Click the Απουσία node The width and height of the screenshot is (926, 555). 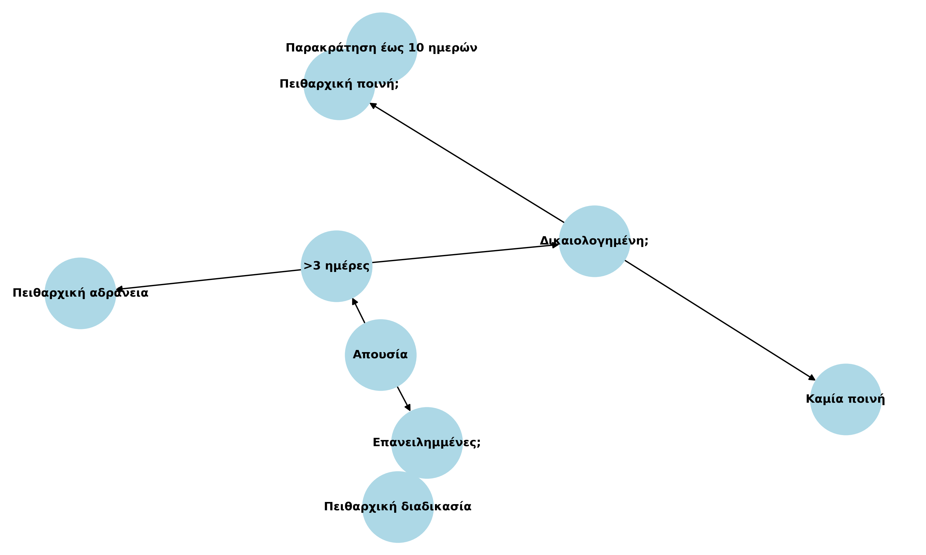coord(380,355)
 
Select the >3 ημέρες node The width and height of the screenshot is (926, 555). coord(336,266)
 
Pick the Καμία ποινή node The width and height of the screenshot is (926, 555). coord(845,399)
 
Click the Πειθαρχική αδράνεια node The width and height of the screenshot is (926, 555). coord(80,293)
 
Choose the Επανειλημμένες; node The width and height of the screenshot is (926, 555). coord(427,442)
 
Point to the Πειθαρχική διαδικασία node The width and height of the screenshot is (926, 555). coord(398,507)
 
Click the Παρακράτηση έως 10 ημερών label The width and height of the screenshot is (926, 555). coord(381,48)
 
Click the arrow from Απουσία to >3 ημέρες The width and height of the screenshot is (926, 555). coord(358,310)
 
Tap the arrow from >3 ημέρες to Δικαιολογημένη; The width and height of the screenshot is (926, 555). coord(464,253)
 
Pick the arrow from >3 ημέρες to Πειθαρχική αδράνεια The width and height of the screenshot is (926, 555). coord(210,279)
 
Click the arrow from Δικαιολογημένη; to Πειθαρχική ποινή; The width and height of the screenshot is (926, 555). coord(466,163)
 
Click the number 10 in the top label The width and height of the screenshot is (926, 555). coord(416,48)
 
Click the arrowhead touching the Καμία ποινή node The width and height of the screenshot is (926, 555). coord(811,378)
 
